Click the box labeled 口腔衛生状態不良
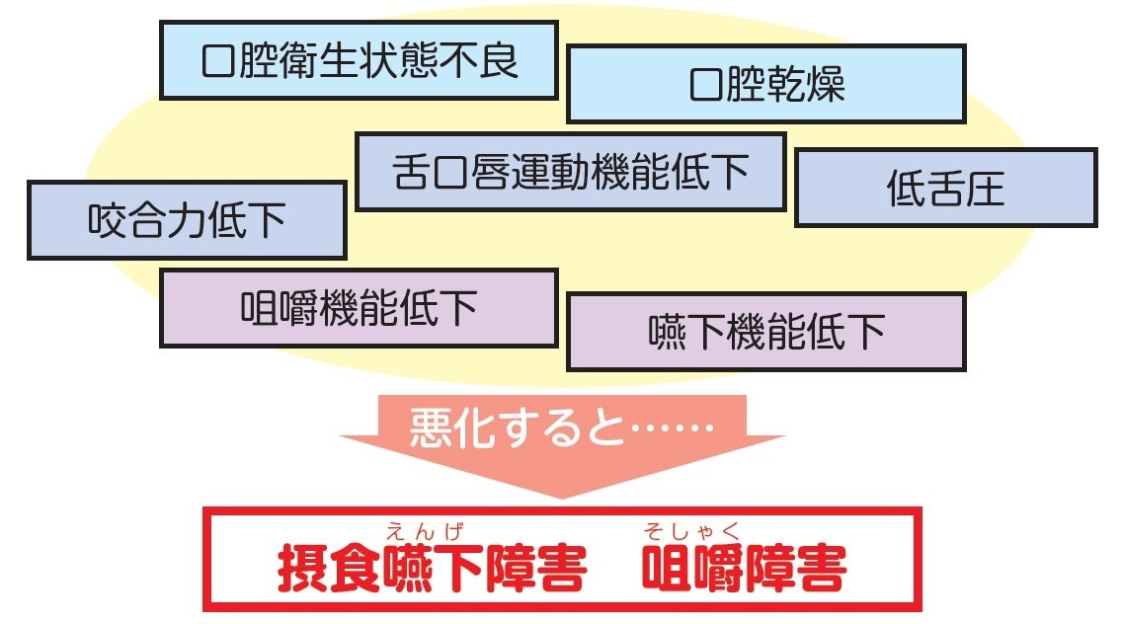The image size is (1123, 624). (359, 60)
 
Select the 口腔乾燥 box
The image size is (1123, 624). (765, 84)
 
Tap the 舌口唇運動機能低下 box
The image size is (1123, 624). (570, 172)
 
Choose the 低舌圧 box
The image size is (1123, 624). (945, 188)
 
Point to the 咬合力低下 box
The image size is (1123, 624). (186, 219)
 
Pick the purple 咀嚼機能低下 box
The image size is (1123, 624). (359, 308)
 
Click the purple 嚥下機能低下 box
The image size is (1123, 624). (765, 331)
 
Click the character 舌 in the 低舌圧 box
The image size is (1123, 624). (944, 189)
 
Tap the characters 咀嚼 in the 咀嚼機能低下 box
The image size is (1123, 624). (280, 309)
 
